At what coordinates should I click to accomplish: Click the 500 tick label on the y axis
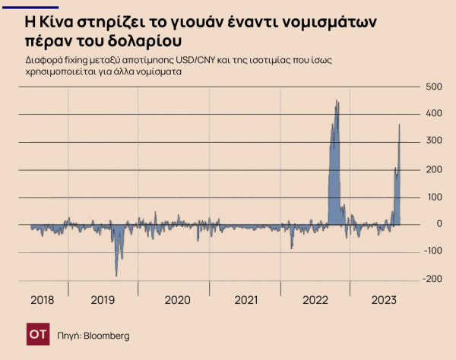(432, 87)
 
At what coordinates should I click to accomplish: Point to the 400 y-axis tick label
(432, 114)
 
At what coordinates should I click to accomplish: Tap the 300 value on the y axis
(432, 141)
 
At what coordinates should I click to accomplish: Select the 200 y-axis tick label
(432, 169)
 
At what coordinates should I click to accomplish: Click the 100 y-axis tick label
(432, 197)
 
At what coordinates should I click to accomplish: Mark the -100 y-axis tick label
(431, 251)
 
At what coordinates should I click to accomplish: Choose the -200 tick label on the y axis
(431, 279)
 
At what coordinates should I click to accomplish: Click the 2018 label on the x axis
(43, 301)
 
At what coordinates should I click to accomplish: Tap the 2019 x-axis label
(103, 301)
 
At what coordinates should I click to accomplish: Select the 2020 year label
(176, 301)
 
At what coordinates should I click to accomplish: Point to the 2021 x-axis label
(246, 301)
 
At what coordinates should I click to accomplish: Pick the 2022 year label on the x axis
(315, 301)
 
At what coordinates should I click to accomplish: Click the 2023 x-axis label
(385, 301)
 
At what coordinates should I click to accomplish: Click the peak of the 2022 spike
(337, 100)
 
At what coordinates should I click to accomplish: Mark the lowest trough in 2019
(116, 276)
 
